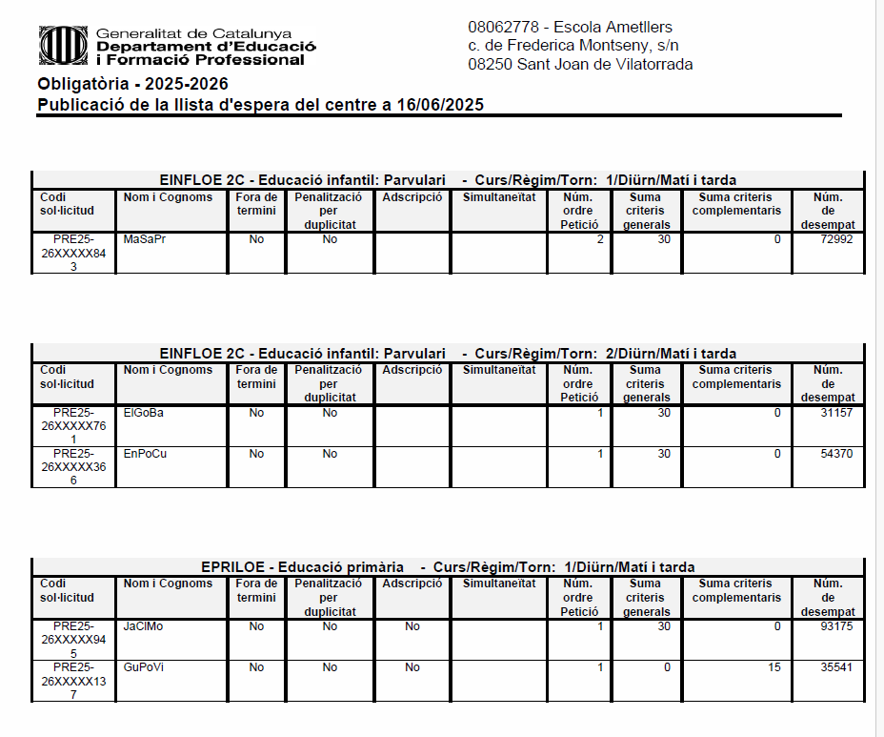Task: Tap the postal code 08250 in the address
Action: (x=490, y=65)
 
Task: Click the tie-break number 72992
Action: (x=835, y=239)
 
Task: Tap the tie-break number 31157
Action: (x=835, y=413)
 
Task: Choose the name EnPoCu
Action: (x=145, y=454)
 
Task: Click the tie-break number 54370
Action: (x=835, y=454)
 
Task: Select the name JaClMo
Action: (x=144, y=626)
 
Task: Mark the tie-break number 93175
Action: (x=835, y=626)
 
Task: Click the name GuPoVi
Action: (x=144, y=667)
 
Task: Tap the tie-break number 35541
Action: (x=835, y=667)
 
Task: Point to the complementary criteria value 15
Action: (x=773, y=667)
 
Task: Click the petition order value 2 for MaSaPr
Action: (x=599, y=239)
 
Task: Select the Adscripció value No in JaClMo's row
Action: (x=412, y=626)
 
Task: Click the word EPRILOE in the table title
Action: (x=228, y=567)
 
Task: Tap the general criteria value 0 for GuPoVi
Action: (x=667, y=667)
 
